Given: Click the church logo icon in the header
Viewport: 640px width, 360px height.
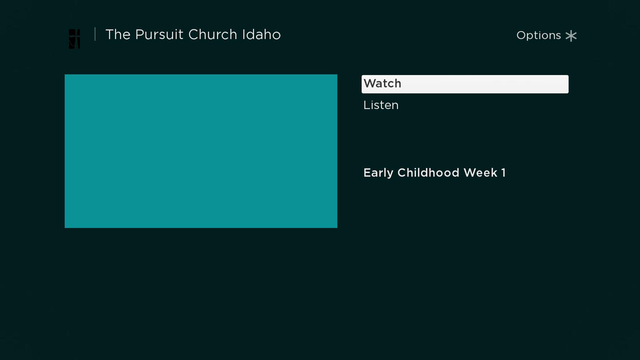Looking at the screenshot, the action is point(74,39).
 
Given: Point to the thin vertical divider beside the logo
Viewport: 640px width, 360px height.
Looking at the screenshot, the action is point(95,34).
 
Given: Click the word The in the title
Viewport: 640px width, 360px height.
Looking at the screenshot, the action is point(118,34).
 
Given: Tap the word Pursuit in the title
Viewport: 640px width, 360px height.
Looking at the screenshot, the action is point(159,34).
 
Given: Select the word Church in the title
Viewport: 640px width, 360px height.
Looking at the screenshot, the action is point(212,34).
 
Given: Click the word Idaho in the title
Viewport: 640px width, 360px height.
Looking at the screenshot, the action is point(261,34).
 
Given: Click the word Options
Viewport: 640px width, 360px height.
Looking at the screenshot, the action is point(538,35).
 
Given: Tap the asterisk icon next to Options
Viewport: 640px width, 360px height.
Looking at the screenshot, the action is point(571,35).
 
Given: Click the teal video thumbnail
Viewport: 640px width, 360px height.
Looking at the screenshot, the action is point(201,151).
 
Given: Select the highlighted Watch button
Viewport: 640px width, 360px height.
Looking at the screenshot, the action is point(465,84).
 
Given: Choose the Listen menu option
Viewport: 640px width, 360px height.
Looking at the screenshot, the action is point(381,105).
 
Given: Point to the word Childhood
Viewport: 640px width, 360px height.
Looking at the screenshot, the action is point(428,172).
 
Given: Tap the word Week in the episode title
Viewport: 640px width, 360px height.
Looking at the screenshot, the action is point(480,172).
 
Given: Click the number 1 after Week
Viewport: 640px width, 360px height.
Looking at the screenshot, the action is point(503,172).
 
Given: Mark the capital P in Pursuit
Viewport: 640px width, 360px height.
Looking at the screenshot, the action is point(139,34).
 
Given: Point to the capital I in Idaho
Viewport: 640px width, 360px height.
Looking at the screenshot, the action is point(243,34).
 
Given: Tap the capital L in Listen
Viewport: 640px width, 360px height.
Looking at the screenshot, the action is point(367,105).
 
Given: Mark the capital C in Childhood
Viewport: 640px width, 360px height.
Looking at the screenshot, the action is point(402,172).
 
